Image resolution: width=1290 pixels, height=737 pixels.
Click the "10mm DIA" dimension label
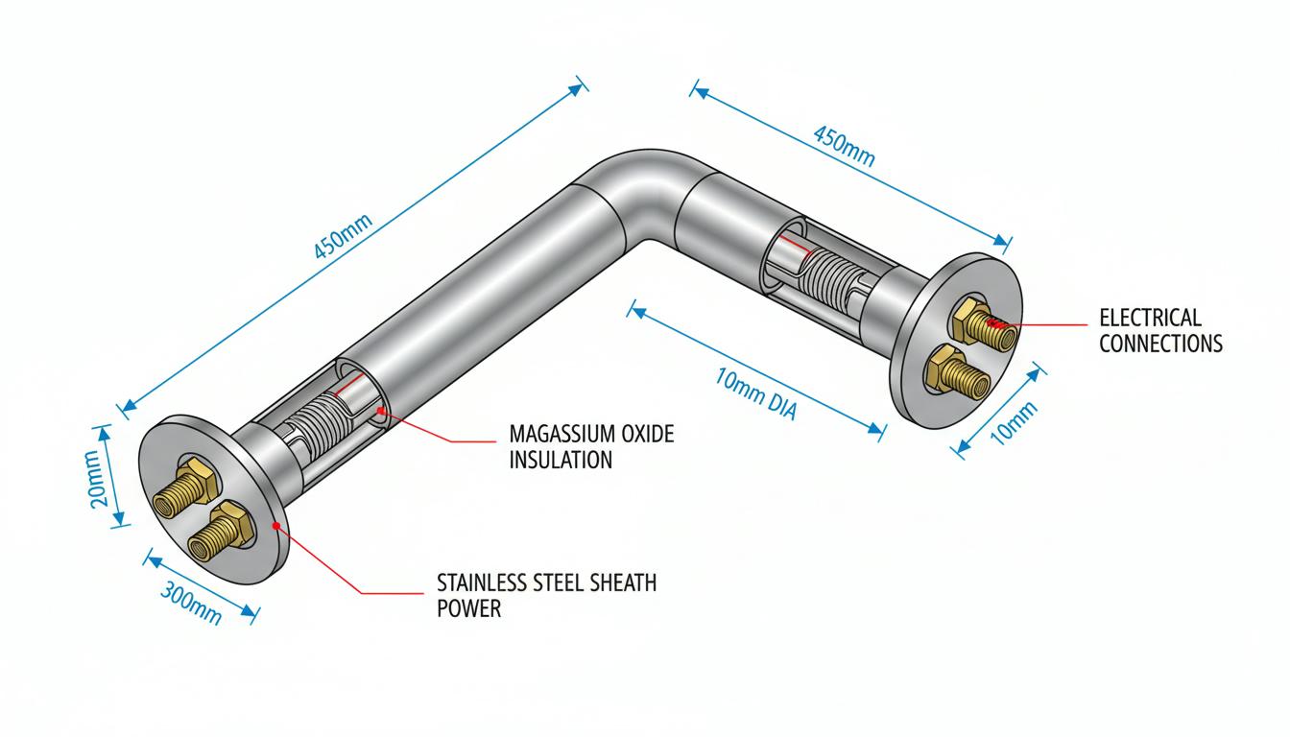point(756,394)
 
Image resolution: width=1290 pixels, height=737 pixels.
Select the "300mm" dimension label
point(191,604)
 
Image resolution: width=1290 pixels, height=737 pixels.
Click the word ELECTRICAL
point(1150,318)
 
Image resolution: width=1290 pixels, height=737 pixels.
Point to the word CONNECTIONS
point(1160,344)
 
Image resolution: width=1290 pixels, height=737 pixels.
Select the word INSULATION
point(561,460)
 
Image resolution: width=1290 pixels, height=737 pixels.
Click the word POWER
point(468,608)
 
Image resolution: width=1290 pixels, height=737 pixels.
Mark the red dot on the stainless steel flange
point(275,525)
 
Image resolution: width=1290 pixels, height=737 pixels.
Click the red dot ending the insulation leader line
point(380,411)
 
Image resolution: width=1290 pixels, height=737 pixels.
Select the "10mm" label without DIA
point(1014,423)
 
